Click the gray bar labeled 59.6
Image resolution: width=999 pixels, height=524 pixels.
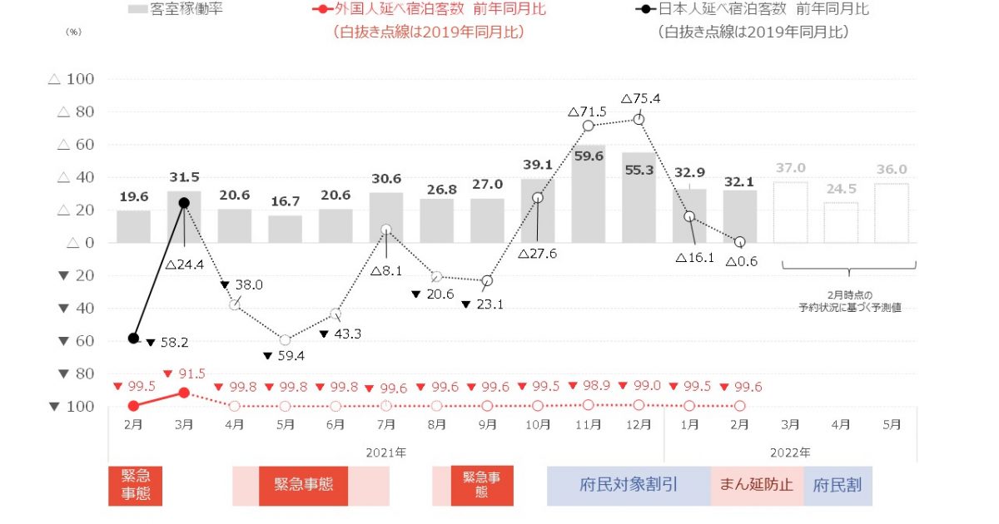click(x=589, y=195)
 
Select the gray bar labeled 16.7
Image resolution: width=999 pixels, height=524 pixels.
click(x=285, y=229)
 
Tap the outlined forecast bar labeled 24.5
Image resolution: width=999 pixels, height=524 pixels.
click(x=841, y=222)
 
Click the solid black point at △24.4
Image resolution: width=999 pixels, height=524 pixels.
click(x=184, y=203)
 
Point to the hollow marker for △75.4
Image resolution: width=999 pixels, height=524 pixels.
click(x=639, y=119)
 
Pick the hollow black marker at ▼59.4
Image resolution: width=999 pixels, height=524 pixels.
click(x=285, y=339)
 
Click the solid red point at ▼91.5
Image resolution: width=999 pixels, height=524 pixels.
click(x=184, y=392)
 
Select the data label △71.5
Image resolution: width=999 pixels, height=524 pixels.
click(x=587, y=111)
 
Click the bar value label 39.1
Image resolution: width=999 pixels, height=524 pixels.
click(x=538, y=166)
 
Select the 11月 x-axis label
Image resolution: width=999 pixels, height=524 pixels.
click(x=589, y=424)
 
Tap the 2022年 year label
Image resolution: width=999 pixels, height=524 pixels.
click(x=790, y=452)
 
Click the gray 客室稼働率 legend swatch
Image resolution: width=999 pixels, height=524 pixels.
click(x=138, y=10)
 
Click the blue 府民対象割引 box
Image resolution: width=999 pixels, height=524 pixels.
click(x=629, y=485)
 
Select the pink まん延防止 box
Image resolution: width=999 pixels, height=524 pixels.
click(x=757, y=485)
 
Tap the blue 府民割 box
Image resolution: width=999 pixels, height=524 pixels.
click(x=837, y=485)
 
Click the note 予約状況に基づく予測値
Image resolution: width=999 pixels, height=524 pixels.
click(x=849, y=308)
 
